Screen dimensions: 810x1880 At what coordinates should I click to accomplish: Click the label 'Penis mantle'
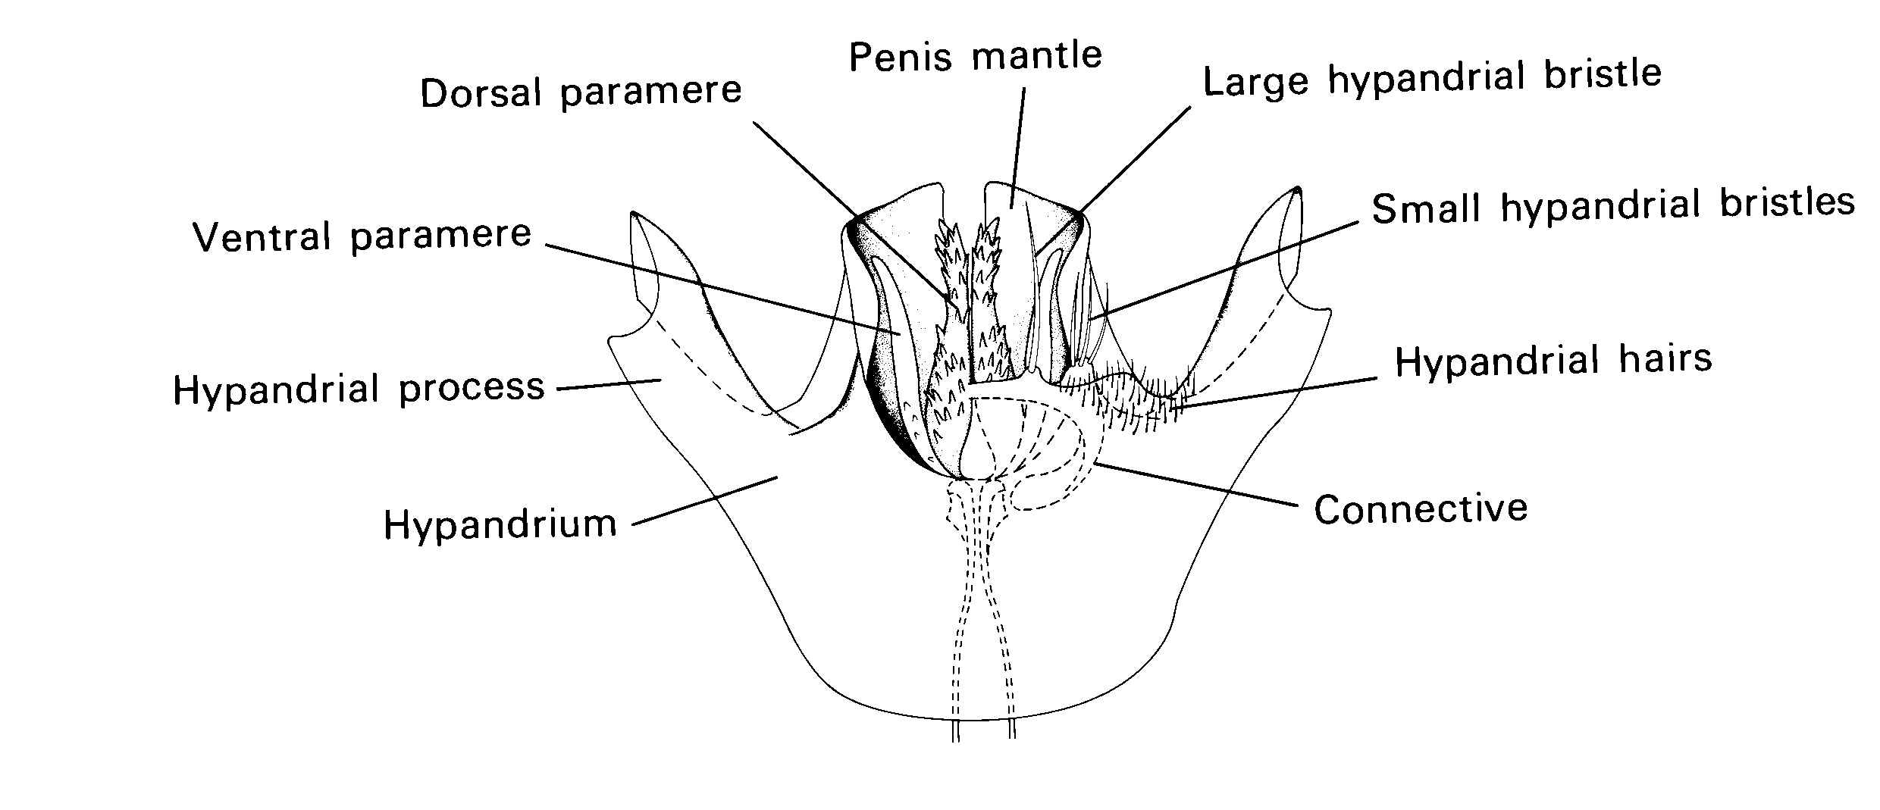(976, 55)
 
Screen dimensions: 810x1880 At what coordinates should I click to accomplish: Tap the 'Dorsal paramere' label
(581, 92)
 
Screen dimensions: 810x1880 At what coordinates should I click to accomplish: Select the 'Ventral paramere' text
(362, 236)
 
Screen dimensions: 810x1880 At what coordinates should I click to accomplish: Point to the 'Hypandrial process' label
(359, 389)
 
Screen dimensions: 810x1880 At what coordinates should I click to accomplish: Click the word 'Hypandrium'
(500, 524)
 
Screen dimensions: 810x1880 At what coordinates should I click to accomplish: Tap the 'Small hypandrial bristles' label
(1613, 205)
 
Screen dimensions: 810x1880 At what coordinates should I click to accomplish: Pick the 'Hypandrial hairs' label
(1553, 361)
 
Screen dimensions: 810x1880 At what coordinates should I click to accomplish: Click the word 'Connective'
(1421, 509)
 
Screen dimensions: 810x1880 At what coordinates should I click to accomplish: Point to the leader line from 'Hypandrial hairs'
(1274, 392)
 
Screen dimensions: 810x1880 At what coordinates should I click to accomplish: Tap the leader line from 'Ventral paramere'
(720, 288)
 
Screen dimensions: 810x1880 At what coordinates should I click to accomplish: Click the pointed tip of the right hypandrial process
(1298, 189)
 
